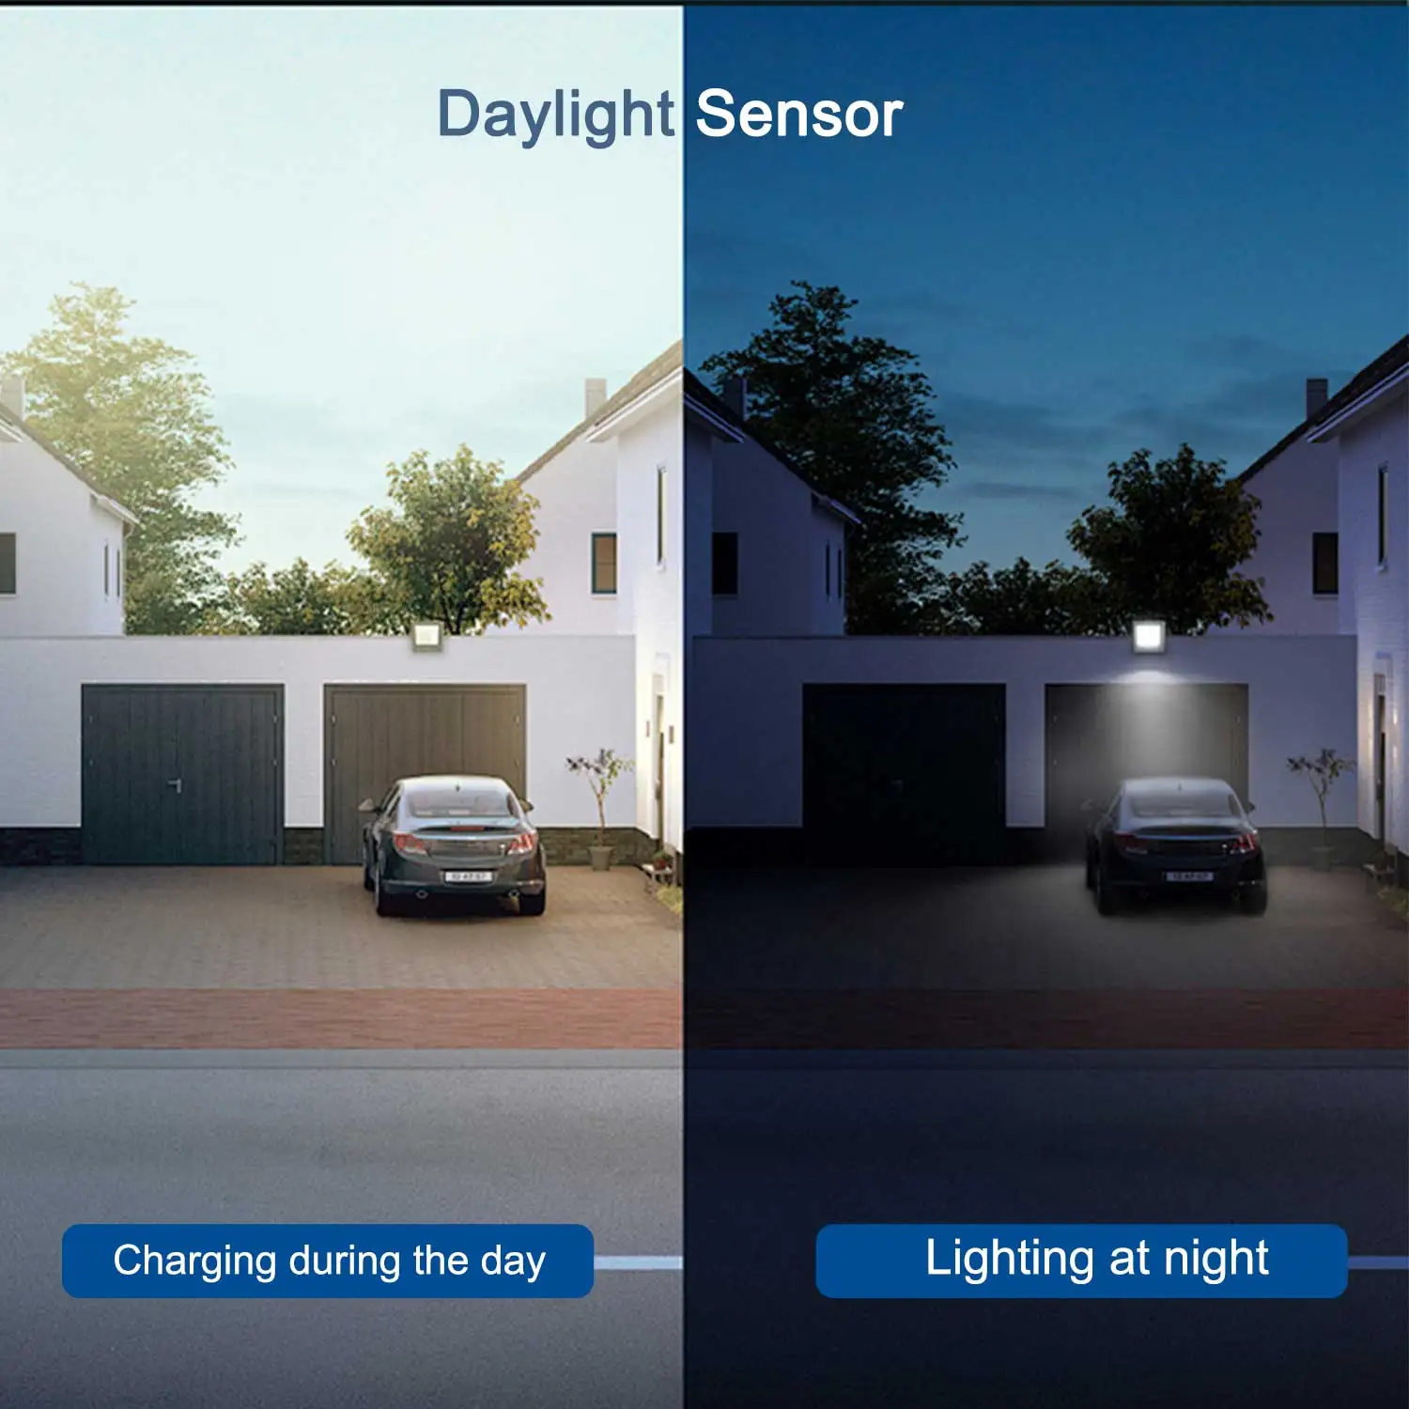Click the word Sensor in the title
tap(798, 116)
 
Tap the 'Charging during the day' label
tap(328, 1261)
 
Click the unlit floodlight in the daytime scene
tap(426, 639)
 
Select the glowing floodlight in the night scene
tap(1148, 636)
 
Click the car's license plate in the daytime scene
tap(467, 875)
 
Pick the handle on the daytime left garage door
tap(175, 783)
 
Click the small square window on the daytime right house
tap(604, 563)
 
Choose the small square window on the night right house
tap(1324, 563)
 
